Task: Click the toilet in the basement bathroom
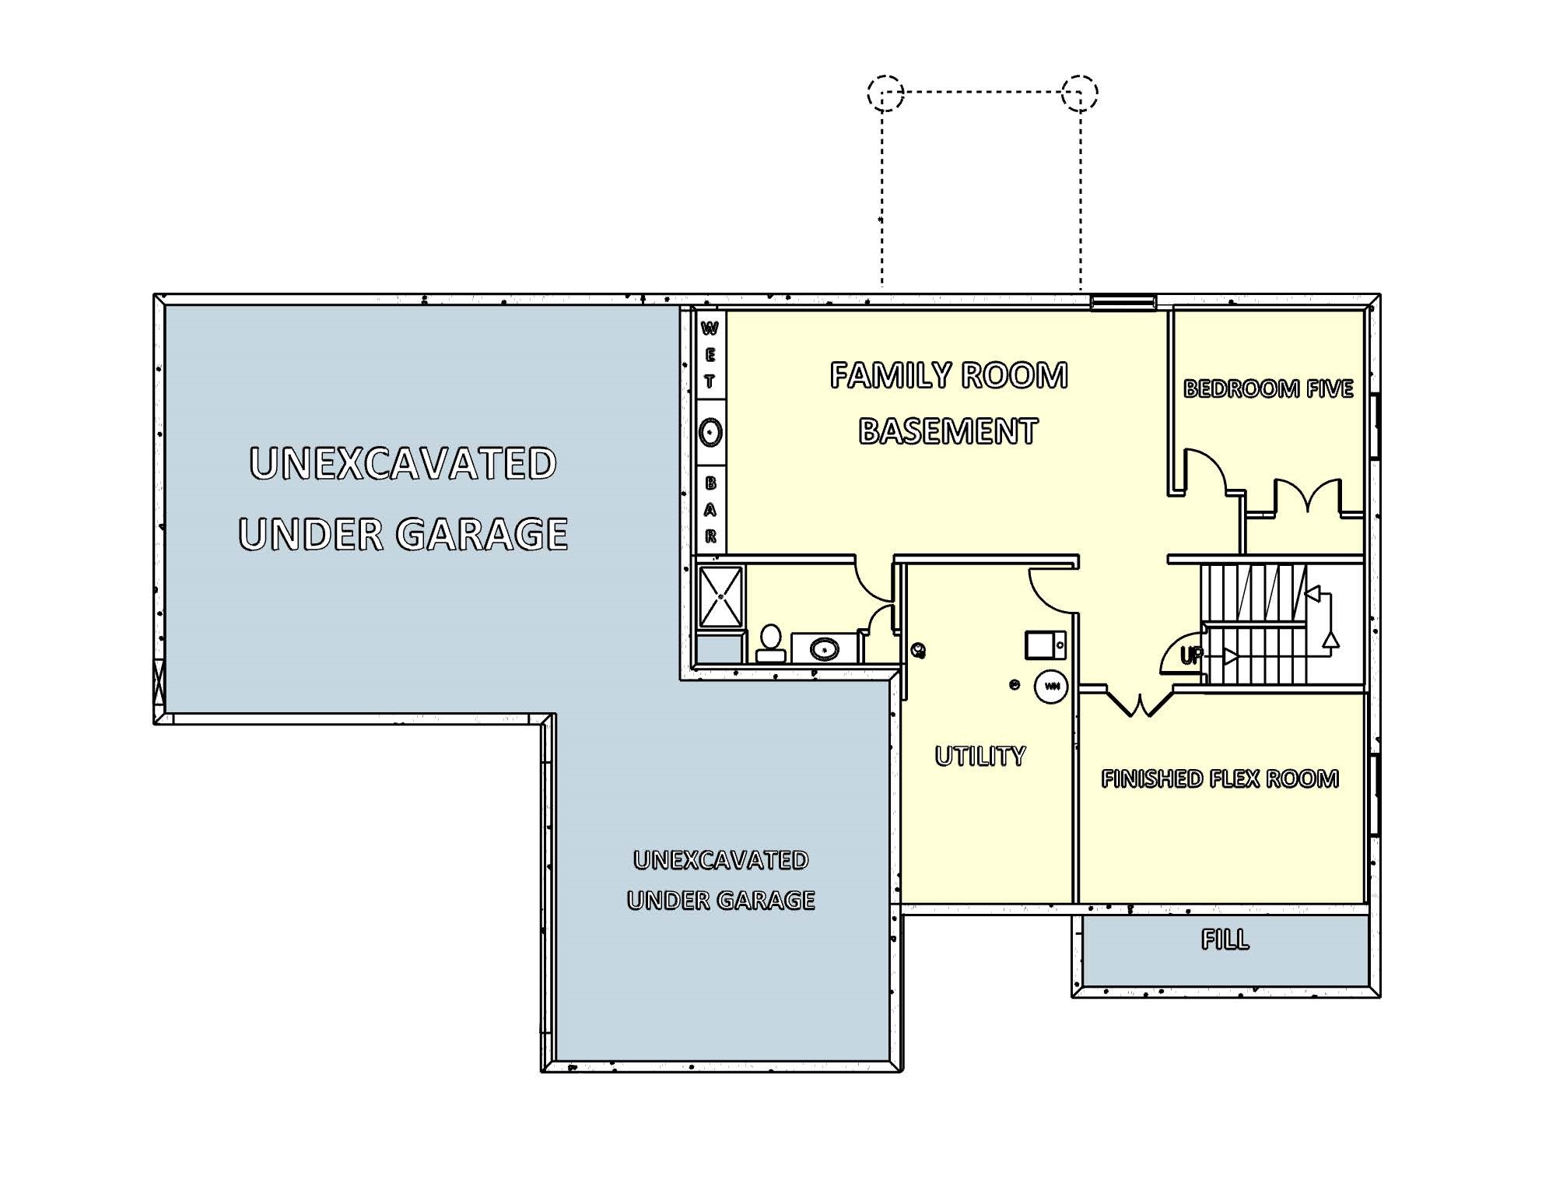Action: [x=770, y=643]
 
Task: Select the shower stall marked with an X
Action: [x=720, y=597]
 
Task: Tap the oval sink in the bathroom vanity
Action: [x=824, y=648]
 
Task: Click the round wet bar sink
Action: [x=710, y=432]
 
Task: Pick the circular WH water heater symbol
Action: [x=1050, y=687]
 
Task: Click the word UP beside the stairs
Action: [x=1190, y=656]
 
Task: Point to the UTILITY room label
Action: [x=980, y=756]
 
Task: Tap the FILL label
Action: [x=1225, y=940]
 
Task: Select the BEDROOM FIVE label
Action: [x=1268, y=388]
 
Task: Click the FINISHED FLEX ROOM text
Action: [x=1219, y=779]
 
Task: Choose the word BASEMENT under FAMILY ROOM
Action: [x=948, y=431]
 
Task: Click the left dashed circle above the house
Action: [x=885, y=93]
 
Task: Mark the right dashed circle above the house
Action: [x=1080, y=93]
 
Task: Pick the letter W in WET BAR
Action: [x=710, y=328]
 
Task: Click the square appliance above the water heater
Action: [x=1043, y=645]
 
